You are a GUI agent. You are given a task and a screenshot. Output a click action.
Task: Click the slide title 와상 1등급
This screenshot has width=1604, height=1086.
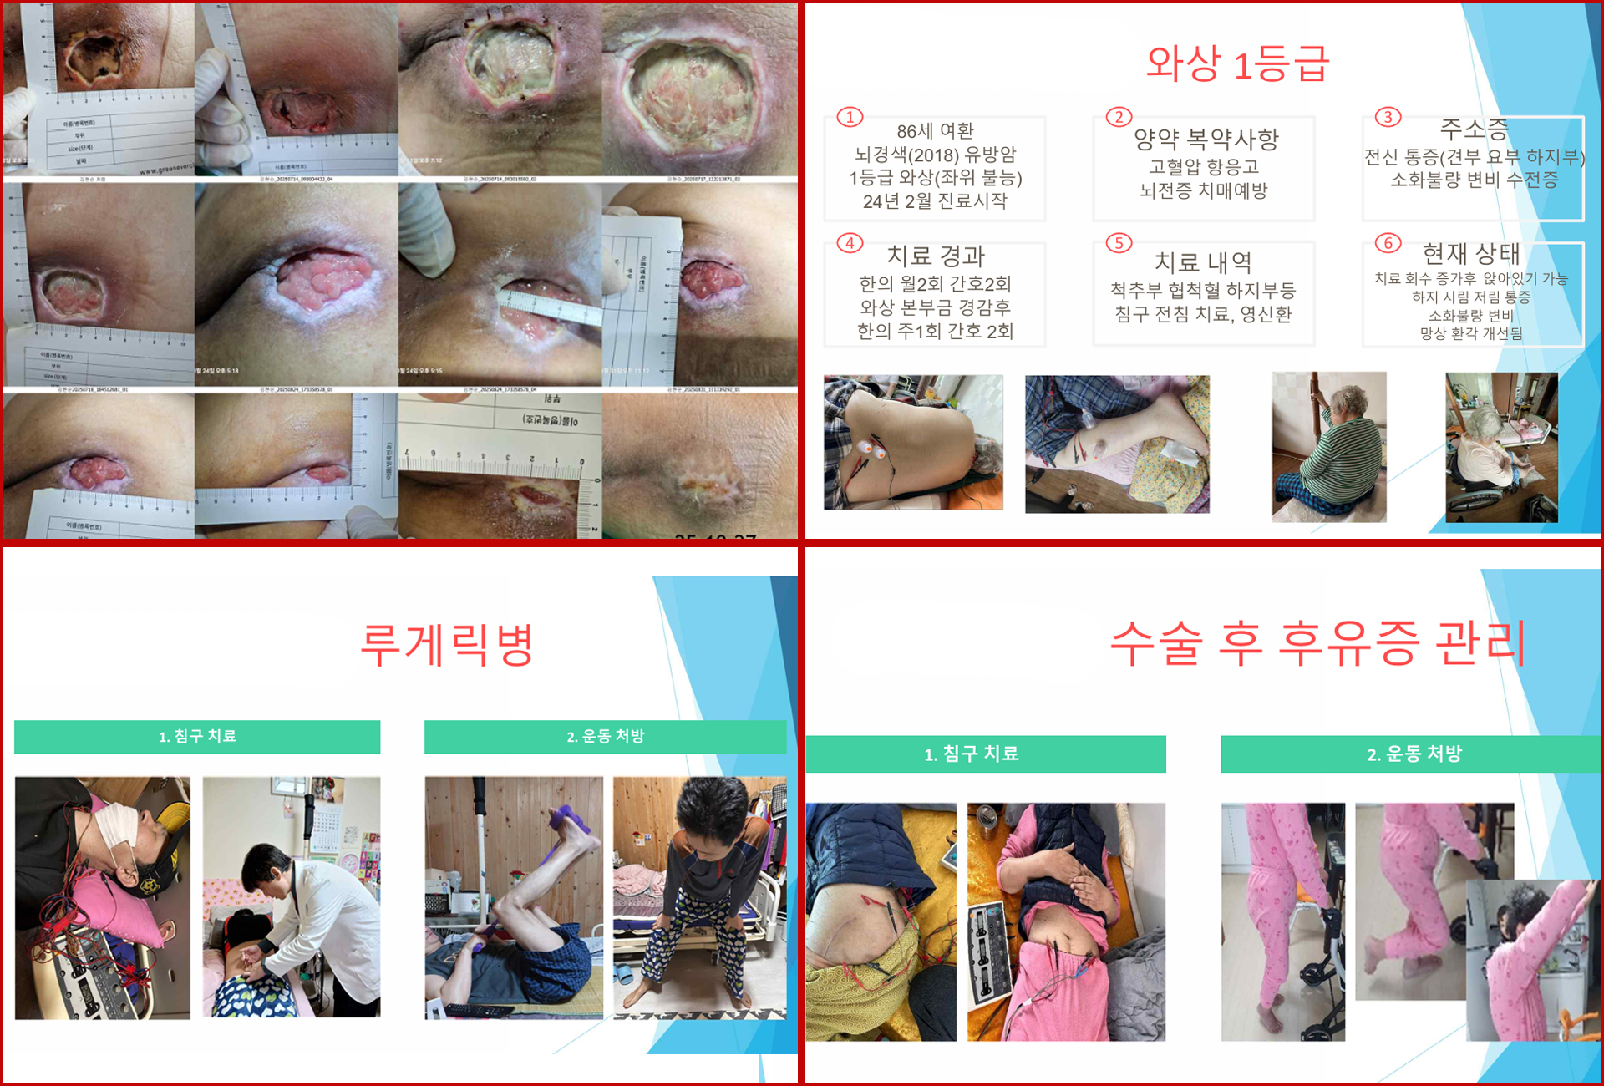pyautogui.click(x=1236, y=64)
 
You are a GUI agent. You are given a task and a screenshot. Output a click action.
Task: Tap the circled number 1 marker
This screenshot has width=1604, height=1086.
pyautogui.click(x=850, y=117)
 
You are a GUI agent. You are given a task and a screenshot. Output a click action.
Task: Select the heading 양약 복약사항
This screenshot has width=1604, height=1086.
pyautogui.click(x=1206, y=139)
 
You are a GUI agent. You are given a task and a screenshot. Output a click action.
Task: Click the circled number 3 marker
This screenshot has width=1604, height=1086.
pyautogui.click(x=1388, y=117)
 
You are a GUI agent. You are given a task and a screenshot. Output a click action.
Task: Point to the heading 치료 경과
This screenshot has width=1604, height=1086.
pyautogui.click(x=936, y=256)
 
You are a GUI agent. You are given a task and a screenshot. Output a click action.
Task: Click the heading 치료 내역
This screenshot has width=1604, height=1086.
pyautogui.click(x=1203, y=262)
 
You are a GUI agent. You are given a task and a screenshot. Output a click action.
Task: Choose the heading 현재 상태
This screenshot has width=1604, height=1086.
pyautogui.click(x=1470, y=253)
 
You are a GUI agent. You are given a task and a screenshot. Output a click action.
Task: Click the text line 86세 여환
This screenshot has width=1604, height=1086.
pyautogui.click(x=935, y=131)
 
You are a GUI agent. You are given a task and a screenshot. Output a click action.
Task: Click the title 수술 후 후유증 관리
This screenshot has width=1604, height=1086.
pyautogui.click(x=1317, y=643)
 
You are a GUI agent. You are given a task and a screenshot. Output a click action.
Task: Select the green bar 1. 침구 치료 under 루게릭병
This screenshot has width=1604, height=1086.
pyautogui.click(x=197, y=736)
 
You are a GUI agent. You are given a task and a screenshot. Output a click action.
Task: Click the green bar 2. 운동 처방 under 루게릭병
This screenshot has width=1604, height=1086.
pyautogui.click(x=605, y=736)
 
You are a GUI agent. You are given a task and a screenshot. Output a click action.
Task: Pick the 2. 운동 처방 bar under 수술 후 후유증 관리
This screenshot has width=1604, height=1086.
pyautogui.click(x=1414, y=754)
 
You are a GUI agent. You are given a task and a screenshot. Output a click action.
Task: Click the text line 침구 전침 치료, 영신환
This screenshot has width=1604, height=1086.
pyautogui.click(x=1203, y=315)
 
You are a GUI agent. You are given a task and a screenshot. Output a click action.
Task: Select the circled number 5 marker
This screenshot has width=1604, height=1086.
pyautogui.click(x=1119, y=243)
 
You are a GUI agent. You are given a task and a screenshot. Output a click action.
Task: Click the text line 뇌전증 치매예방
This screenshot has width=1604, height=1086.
pyautogui.click(x=1203, y=190)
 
